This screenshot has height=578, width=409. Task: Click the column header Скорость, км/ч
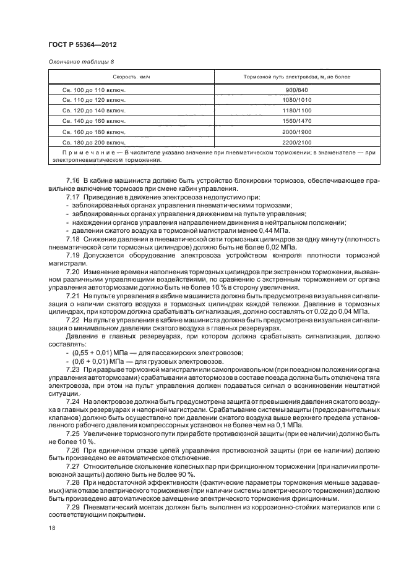point(131,77)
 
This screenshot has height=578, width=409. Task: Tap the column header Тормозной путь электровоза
point(297,77)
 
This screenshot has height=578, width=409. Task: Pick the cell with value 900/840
point(297,90)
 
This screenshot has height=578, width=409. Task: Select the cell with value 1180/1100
point(297,111)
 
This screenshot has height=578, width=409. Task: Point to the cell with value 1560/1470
point(297,121)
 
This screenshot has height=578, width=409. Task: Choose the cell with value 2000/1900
point(297,132)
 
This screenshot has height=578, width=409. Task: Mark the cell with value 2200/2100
point(297,142)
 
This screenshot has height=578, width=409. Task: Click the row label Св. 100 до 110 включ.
point(94,90)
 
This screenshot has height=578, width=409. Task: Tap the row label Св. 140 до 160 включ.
point(94,121)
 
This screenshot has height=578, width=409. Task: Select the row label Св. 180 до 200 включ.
point(94,142)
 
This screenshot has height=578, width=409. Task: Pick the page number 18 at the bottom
point(51,529)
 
